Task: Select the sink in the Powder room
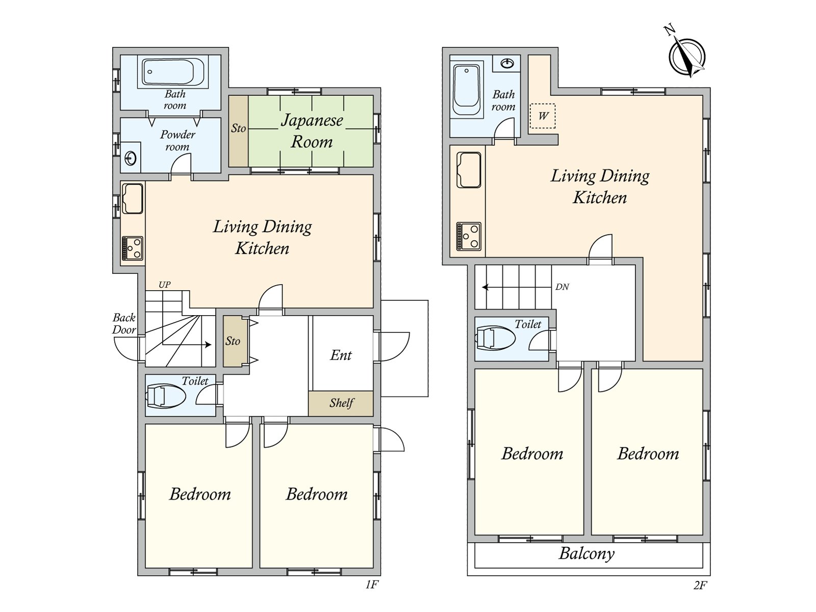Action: pos(131,158)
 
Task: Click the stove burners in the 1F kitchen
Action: pos(133,248)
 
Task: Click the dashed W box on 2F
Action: pos(543,116)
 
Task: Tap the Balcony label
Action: pos(586,554)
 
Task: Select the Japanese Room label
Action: pos(312,131)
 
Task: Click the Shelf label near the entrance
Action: pos(341,403)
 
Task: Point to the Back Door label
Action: pos(124,324)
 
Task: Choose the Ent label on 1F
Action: pos(341,355)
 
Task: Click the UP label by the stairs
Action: pos(164,285)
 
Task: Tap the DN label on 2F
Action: pos(562,287)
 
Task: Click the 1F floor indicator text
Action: pos(372,585)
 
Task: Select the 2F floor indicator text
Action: pos(700,585)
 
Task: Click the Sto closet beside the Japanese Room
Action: pos(238,131)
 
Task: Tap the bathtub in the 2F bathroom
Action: pos(466,90)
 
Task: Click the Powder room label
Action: pos(177,140)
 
